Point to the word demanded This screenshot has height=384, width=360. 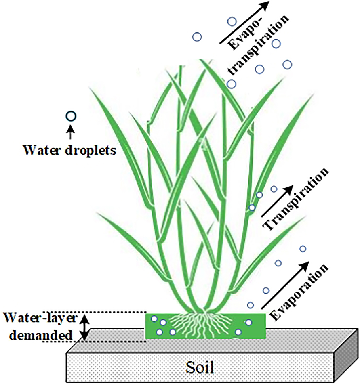click(x=39, y=335)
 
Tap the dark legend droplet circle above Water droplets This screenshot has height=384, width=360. click(x=71, y=117)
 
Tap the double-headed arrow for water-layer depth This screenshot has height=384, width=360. click(x=84, y=327)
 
